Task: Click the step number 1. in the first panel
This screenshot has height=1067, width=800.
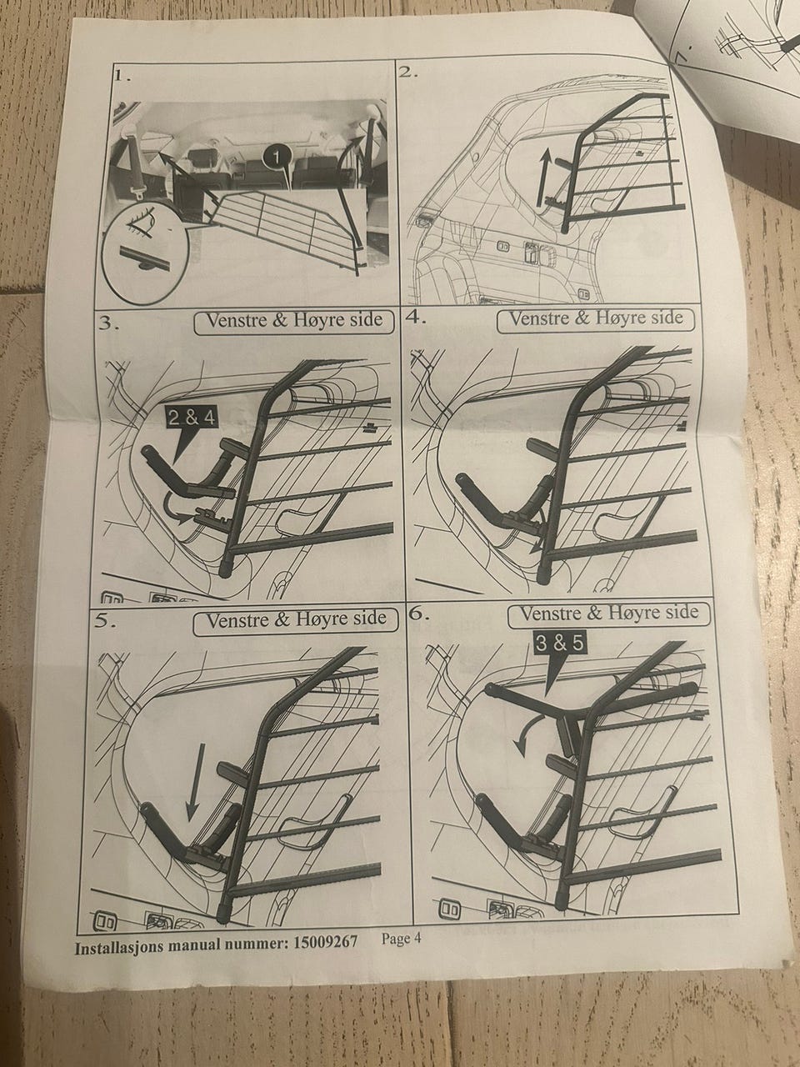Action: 122,76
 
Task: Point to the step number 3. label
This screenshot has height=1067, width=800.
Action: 108,323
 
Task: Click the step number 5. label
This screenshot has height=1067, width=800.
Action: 105,622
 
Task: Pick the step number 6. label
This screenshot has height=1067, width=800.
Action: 418,614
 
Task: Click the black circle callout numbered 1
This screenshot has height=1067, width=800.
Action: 276,157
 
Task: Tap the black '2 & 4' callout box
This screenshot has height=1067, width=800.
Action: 191,418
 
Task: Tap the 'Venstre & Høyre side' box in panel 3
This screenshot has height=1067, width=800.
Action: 294,321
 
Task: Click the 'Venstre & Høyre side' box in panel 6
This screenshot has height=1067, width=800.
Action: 608,614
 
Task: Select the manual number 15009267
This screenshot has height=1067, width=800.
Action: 325,942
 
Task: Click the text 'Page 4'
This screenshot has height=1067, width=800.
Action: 401,938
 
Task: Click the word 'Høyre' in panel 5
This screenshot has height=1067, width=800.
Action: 319,619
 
